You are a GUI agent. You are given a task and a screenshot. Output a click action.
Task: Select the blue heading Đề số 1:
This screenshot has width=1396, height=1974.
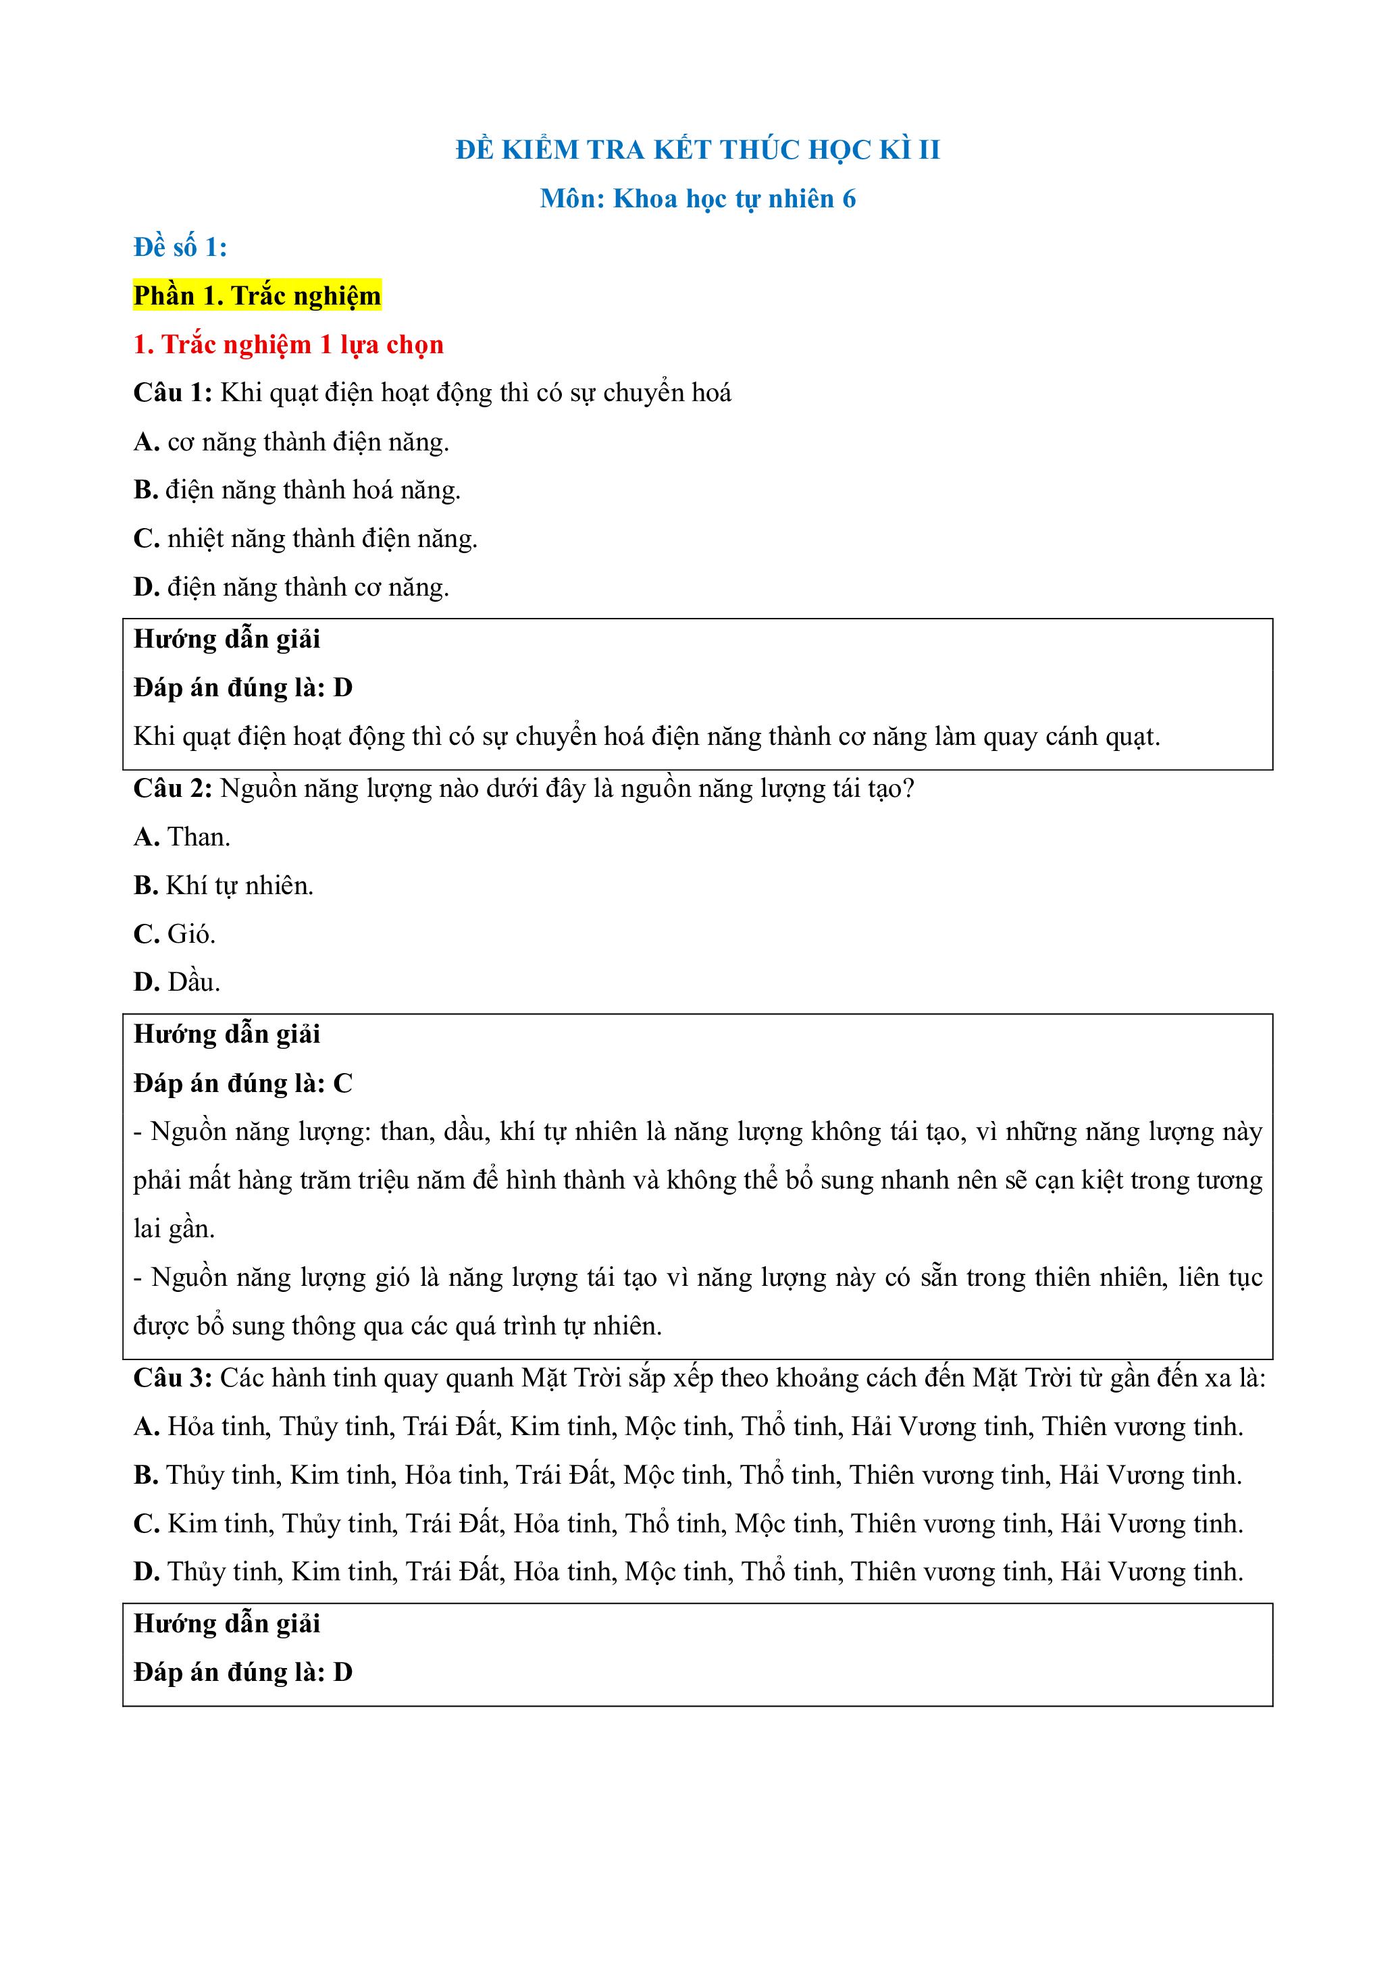click(180, 248)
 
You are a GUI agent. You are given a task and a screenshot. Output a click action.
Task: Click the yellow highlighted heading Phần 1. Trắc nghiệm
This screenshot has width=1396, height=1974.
click(257, 296)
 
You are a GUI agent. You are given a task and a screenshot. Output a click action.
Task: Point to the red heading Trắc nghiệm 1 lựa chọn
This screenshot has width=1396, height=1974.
click(302, 345)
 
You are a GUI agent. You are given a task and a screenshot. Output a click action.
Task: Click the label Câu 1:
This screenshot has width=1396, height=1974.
click(172, 393)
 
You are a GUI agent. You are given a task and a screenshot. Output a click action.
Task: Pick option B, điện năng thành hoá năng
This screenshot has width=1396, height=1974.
click(296, 490)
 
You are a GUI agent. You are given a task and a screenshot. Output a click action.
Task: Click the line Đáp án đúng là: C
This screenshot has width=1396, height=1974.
click(243, 1083)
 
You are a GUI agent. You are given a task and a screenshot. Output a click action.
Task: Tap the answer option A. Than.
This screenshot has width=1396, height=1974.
click(182, 837)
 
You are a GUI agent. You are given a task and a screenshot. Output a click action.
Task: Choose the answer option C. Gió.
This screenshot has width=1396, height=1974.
click(174, 934)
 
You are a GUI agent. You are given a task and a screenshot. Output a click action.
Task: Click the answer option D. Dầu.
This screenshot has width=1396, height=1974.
click(177, 982)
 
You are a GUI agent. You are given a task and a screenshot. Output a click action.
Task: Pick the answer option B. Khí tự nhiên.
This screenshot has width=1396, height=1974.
click(224, 885)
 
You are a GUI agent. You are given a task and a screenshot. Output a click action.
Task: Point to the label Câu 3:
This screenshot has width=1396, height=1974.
click(172, 1378)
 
